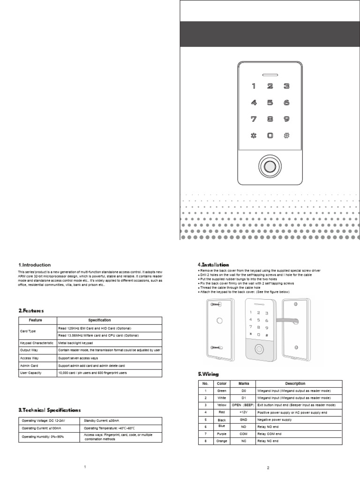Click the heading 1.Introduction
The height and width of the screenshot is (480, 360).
click(35, 265)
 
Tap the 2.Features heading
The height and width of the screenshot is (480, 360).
click(31, 310)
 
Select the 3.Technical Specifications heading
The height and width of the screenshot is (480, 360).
click(50, 410)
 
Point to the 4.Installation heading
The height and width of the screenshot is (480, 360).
click(213, 265)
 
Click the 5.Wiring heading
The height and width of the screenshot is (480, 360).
click(209, 374)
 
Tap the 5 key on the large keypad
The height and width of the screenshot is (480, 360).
click(270, 102)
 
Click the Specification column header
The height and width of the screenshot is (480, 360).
click(109, 321)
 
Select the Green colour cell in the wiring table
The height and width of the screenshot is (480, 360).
click(222, 390)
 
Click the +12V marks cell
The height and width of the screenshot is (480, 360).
click(243, 412)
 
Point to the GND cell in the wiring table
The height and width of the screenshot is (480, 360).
click(243, 420)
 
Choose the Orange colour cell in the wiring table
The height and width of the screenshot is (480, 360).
click(222, 441)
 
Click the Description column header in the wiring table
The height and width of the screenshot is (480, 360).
click(295, 383)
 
